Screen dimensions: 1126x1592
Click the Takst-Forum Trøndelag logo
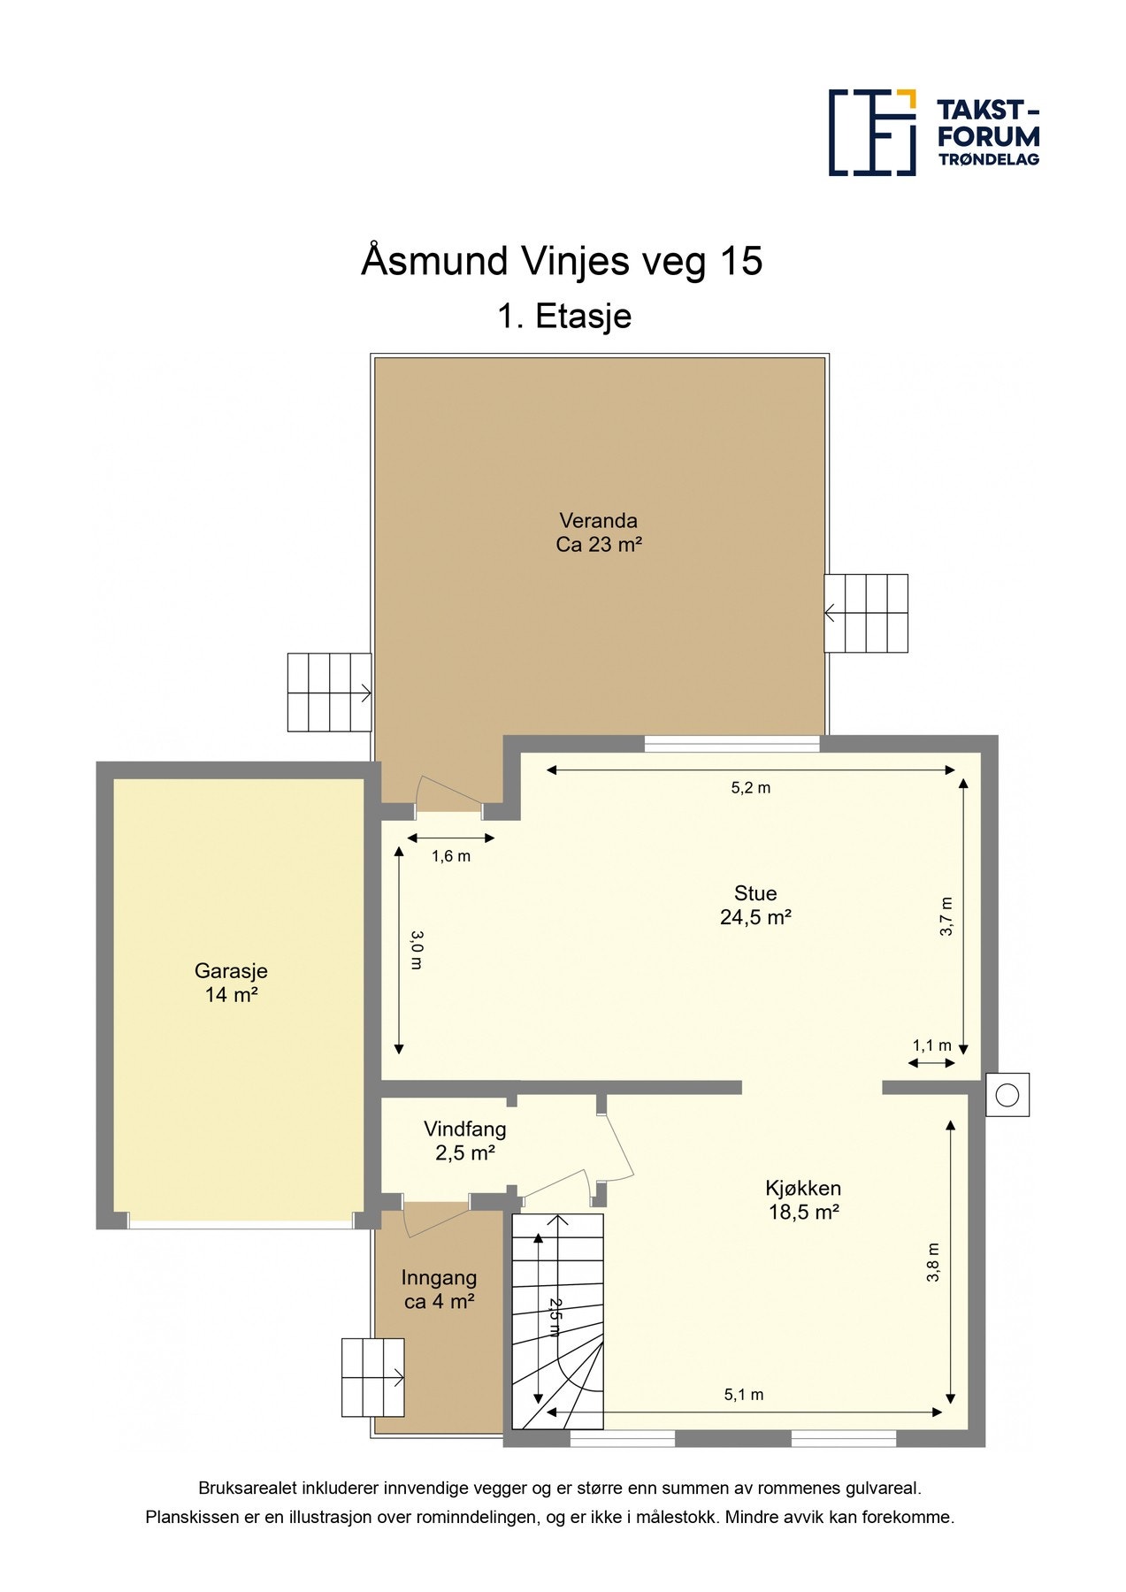pyautogui.click(x=933, y=133)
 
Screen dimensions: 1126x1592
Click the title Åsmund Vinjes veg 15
pyautogui.click(x=562, y=261)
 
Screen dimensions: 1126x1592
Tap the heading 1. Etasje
pyautogui.click(x=564, y=316)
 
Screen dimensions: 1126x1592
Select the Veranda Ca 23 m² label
pyautogui.click(x=598, y=532)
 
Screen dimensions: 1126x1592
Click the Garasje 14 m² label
pyautogui.click(x=231, y=983)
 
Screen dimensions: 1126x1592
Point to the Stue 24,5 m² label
pyautogui.click(x=755, y=905)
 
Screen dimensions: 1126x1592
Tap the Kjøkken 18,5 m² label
pyautogui.click(x=803, y=1200)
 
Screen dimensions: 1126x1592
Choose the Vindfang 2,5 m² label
pyautogui.click(x=464, y=1141)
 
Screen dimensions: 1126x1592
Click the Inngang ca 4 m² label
pyautogui.click(x=439, y=1290)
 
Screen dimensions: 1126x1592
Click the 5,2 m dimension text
pyautogui.click(x=750, y=788)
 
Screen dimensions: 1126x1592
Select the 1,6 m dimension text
pyautogui.click(x=451, y=856)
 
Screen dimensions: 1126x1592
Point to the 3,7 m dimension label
pyautogui.click(x=946, y=916)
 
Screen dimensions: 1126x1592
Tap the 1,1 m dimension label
pyautogui.click(x=932, y=1045)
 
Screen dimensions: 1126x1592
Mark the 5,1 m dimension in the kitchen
pyautogui.click(x=744, y=1395)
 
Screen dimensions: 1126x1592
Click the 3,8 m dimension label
pyautogui.click(x=933, y=1263)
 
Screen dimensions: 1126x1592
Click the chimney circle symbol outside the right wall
pyautogui.click(x=1007, y=1095)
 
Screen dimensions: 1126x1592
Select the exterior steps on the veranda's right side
pyautogui.click(x=866, y=614)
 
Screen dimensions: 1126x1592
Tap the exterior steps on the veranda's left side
pyautogui.click(x=329, y=693)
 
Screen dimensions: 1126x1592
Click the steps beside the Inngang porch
pyautogui.click(x=372, y=1377)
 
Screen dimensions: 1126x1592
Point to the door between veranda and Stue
pyautogui.click(x=448, y=796)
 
